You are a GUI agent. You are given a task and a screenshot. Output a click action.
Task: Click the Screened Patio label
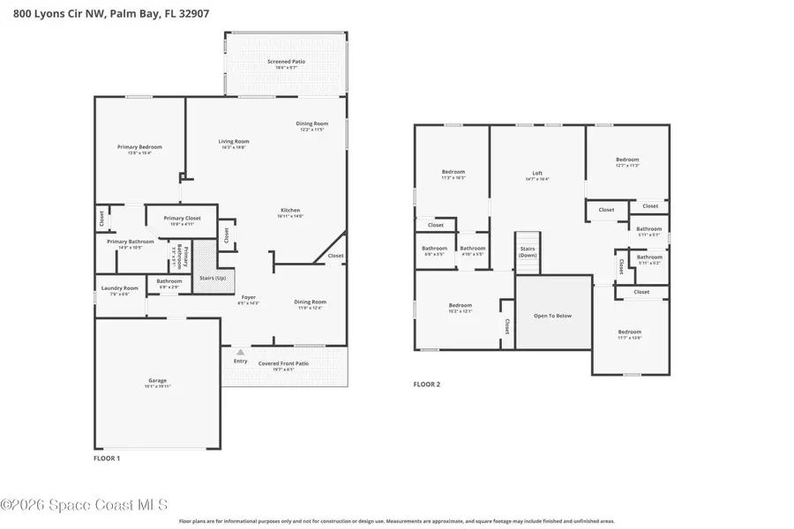[x=285, y=62]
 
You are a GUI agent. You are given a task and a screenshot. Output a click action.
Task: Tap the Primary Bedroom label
[x=139, y=147]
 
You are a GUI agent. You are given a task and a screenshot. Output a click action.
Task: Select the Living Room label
[x=234, y=142]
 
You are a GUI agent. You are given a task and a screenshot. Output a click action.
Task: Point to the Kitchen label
[x=290, y=212]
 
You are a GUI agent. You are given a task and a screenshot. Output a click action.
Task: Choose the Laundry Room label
[x=119, y=288]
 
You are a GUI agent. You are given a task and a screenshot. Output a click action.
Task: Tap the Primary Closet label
[x=182, y=218]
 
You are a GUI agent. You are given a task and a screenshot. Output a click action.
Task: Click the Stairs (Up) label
[x=213, y=278]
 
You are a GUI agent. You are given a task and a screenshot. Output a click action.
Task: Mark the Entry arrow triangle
[x=240, y=352]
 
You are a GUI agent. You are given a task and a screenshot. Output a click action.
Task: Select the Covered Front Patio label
[x=283, y=363]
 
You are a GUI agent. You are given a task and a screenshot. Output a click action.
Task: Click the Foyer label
[x=249, y=298]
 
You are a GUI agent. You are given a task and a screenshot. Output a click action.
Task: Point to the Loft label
[x=537, y=174]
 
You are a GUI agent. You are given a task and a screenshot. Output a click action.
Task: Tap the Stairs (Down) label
[x=528, y=252]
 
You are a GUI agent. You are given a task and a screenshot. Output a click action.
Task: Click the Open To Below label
[x=553, y=316]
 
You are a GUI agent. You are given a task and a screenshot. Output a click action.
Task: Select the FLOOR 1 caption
[x=107, y=458]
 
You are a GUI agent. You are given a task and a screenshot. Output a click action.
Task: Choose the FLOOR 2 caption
[x=427, y=384]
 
